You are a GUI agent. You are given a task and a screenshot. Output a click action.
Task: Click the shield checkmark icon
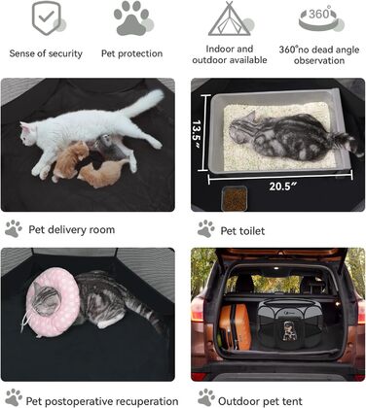47,18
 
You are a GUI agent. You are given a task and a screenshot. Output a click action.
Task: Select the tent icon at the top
229,18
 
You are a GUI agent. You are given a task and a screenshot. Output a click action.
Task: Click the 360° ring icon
319,18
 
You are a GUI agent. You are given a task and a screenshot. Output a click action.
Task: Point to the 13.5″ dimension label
197,133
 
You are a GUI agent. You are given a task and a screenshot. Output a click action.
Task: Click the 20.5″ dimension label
282,187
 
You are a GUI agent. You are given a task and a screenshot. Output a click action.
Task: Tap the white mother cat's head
28,133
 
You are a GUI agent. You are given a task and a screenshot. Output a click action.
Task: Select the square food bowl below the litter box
235,198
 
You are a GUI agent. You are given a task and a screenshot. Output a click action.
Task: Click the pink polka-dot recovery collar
52,301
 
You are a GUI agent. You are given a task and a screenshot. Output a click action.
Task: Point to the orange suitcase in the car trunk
235,326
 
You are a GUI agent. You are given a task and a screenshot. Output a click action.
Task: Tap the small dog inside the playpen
288,330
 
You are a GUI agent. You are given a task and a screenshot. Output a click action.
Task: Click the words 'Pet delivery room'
72,229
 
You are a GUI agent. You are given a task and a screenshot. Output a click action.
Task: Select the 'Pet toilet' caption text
242,231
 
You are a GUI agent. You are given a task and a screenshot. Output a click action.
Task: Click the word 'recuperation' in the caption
147,401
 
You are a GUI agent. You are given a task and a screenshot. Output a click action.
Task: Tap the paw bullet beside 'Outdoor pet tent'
206,397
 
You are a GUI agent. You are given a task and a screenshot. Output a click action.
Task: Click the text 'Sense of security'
46,53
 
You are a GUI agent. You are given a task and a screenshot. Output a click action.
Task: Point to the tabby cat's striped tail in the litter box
348,144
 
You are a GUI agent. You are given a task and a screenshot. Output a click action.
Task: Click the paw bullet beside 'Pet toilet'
206,228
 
